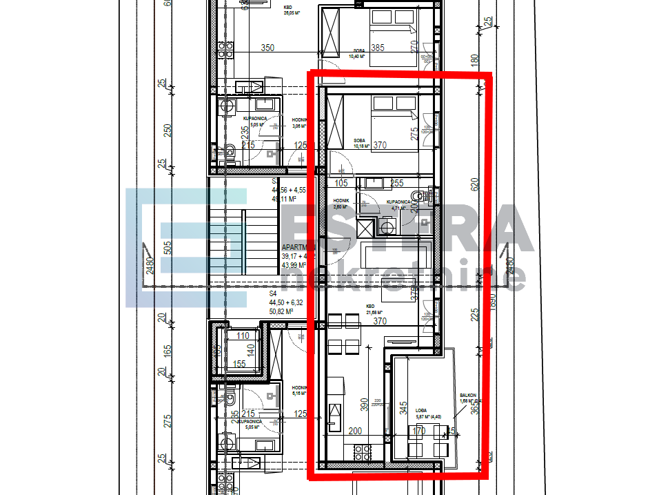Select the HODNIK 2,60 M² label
(x=341, y=203)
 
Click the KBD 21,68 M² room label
(x=375, y=308)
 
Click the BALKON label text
(x=468, y=396)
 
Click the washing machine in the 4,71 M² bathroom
(x=386, y=224)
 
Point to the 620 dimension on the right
(x=474, y=184)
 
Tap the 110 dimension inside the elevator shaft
(x=242, y=336)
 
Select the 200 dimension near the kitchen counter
(x=354, y=431)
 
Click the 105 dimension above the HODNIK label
(x=341, y=184)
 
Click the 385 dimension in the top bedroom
(x=377, y=48)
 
